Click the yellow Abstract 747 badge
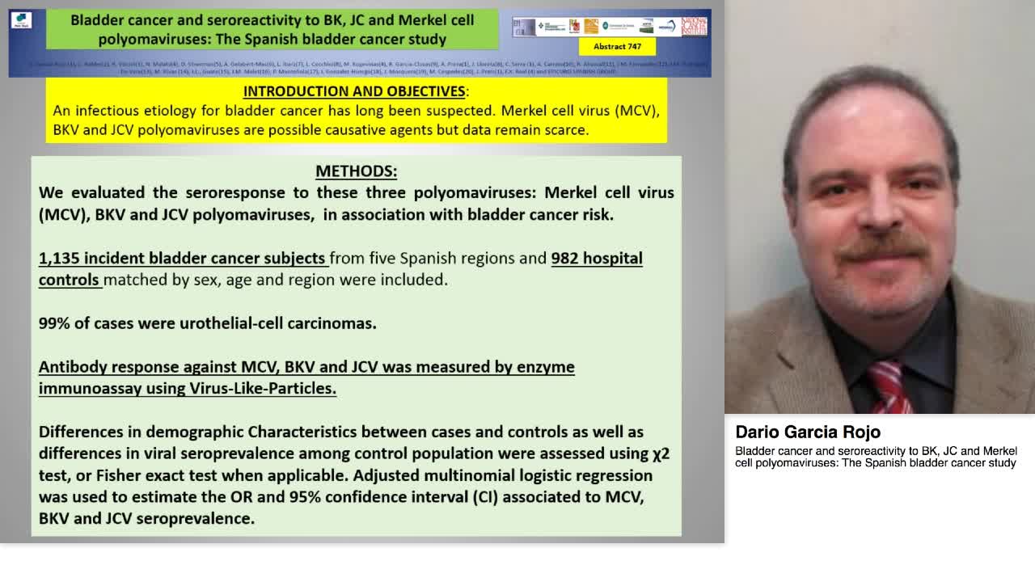click(x=617, y=47)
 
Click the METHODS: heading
click(x=356, y=171)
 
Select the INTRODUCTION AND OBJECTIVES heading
click(x=354, y=91)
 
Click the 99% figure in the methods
click(x=54, y=323)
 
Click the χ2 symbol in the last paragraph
click(x=661, y=453)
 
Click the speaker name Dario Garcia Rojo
click(x=807, y=432)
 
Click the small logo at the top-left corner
click(x=22, y=21)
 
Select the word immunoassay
click(x=90, y=389)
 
